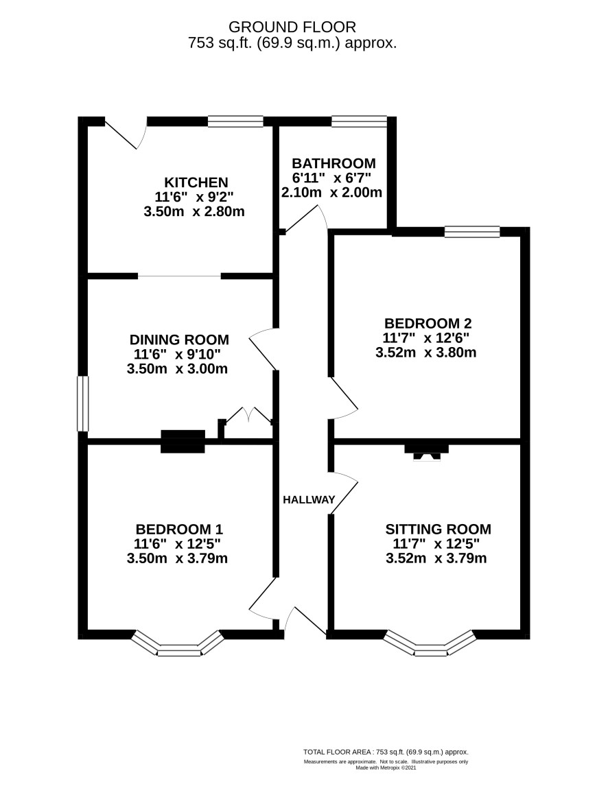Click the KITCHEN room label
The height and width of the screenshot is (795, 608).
point(196,182)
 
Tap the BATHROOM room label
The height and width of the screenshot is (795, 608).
point(334,163)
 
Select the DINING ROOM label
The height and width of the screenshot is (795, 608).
point(179,339)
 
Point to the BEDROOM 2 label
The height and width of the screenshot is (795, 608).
point(428,323)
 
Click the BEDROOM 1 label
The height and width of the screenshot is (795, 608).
point(179,530)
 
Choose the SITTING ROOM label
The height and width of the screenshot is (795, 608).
point(438,530)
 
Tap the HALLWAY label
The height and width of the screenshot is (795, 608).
point(309,499)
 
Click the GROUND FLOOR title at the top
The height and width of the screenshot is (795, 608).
point(292,26)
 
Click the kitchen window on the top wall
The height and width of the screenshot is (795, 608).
point(236,121)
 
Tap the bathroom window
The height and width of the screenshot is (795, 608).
point(360,121)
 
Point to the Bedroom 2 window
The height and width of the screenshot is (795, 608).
point(472,232)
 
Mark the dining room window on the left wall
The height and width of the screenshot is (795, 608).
point(82,403)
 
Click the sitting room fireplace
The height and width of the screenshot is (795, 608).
point(426,452)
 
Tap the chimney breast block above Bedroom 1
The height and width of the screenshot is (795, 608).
point(183,441)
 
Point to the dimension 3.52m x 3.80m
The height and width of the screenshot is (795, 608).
point(426,353)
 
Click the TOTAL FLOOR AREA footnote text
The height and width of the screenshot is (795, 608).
point(386,752)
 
